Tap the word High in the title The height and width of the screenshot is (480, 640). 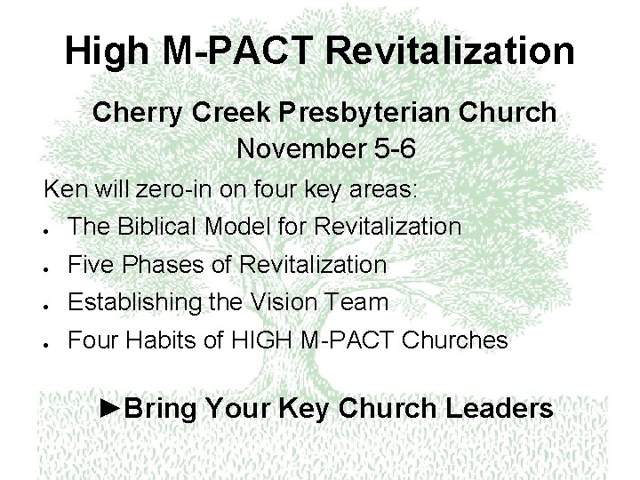tap(104, 52)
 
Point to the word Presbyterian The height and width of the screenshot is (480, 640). tap(349, 114)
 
